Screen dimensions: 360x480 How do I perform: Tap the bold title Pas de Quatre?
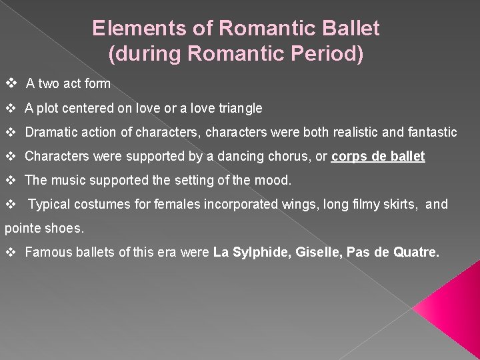(x=393, y=253)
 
